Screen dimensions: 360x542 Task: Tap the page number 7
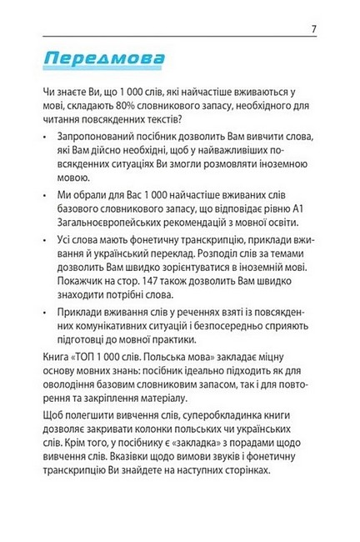[x=313, y=31]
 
